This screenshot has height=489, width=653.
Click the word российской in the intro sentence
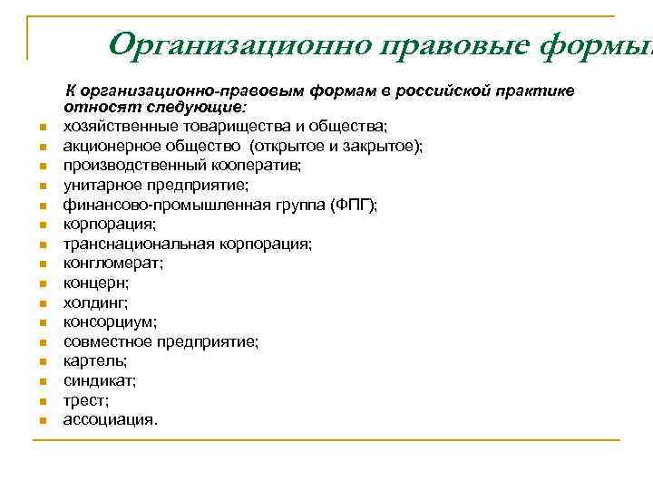(x=439, y=91)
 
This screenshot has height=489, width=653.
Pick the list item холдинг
(x=94, y=302)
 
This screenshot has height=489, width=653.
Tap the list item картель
(x=94, y=360)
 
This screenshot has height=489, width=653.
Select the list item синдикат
(x=98, y=380)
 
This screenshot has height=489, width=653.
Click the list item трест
(x=85, y=399)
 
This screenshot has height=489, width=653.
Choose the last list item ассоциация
(x=109, y=419)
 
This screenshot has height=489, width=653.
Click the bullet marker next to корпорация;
(x=43, y=225)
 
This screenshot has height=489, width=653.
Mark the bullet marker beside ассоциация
(x=43, y=421)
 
